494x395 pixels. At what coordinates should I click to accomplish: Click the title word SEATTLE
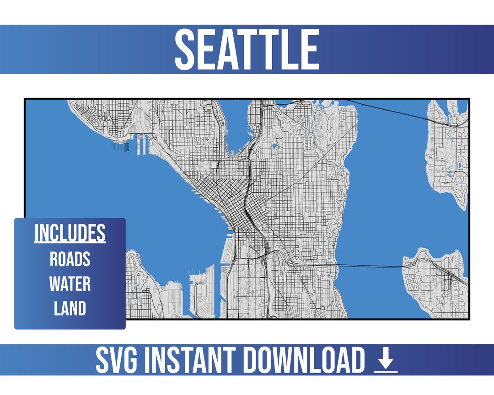pyautogui.click(x=247, y=49)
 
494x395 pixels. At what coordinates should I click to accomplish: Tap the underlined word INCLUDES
pyautogui.click(x=70, y=233)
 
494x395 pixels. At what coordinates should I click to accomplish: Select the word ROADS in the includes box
pyautogui.click(x=70, y=259)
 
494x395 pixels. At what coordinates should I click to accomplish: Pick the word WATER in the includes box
pyautogui.click(x=70, y=284)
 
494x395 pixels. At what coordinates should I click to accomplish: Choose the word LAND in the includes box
pyautogui.click(x=70, y=309)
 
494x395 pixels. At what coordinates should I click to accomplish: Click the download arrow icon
pyautogui.click(x=386, y=361)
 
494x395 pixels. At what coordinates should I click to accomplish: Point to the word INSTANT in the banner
pyautogui.click(x=188, y=361)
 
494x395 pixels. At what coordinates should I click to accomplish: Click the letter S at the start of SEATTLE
pyautogui.click(x=185, y=49)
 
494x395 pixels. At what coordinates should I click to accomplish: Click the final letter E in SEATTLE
pyautogui.click(x=309, y=49)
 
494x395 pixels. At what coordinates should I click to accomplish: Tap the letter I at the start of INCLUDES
pyautogui.click(x=36, y=233)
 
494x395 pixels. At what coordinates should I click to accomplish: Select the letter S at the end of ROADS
pyautogui.click(x=86, y=259)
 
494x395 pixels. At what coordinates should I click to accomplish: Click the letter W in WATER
pyautogui.click(x=55, y=284)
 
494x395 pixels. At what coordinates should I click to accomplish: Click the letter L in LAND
pyautogui.click(x=57, y=309)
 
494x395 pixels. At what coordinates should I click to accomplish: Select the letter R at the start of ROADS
pyautogui.click(x=54, y=259)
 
